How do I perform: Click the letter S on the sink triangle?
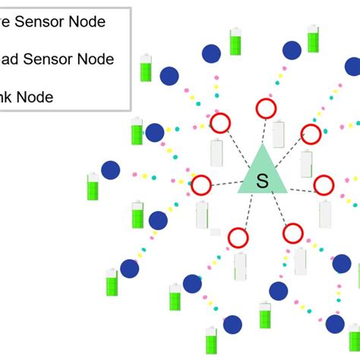(x=263, y=182)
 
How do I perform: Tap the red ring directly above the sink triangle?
(x=265, y=109)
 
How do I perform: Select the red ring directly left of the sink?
(x=201, y=185)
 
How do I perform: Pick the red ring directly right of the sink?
(x=324, y=185)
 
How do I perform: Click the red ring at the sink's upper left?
(x=220, y=122)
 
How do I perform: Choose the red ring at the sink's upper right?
(x=311, y=134)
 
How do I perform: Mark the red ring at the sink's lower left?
(x=238, y=238)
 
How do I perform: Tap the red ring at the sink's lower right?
(x=293, y=233)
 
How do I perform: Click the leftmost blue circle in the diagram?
(x=110, y=170)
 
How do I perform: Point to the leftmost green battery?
(x=93, y=187)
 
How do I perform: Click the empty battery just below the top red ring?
(x=279, y=134)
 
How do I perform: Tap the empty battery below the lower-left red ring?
(x=240, y=266)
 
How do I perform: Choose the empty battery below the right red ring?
(x=325, y=214)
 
